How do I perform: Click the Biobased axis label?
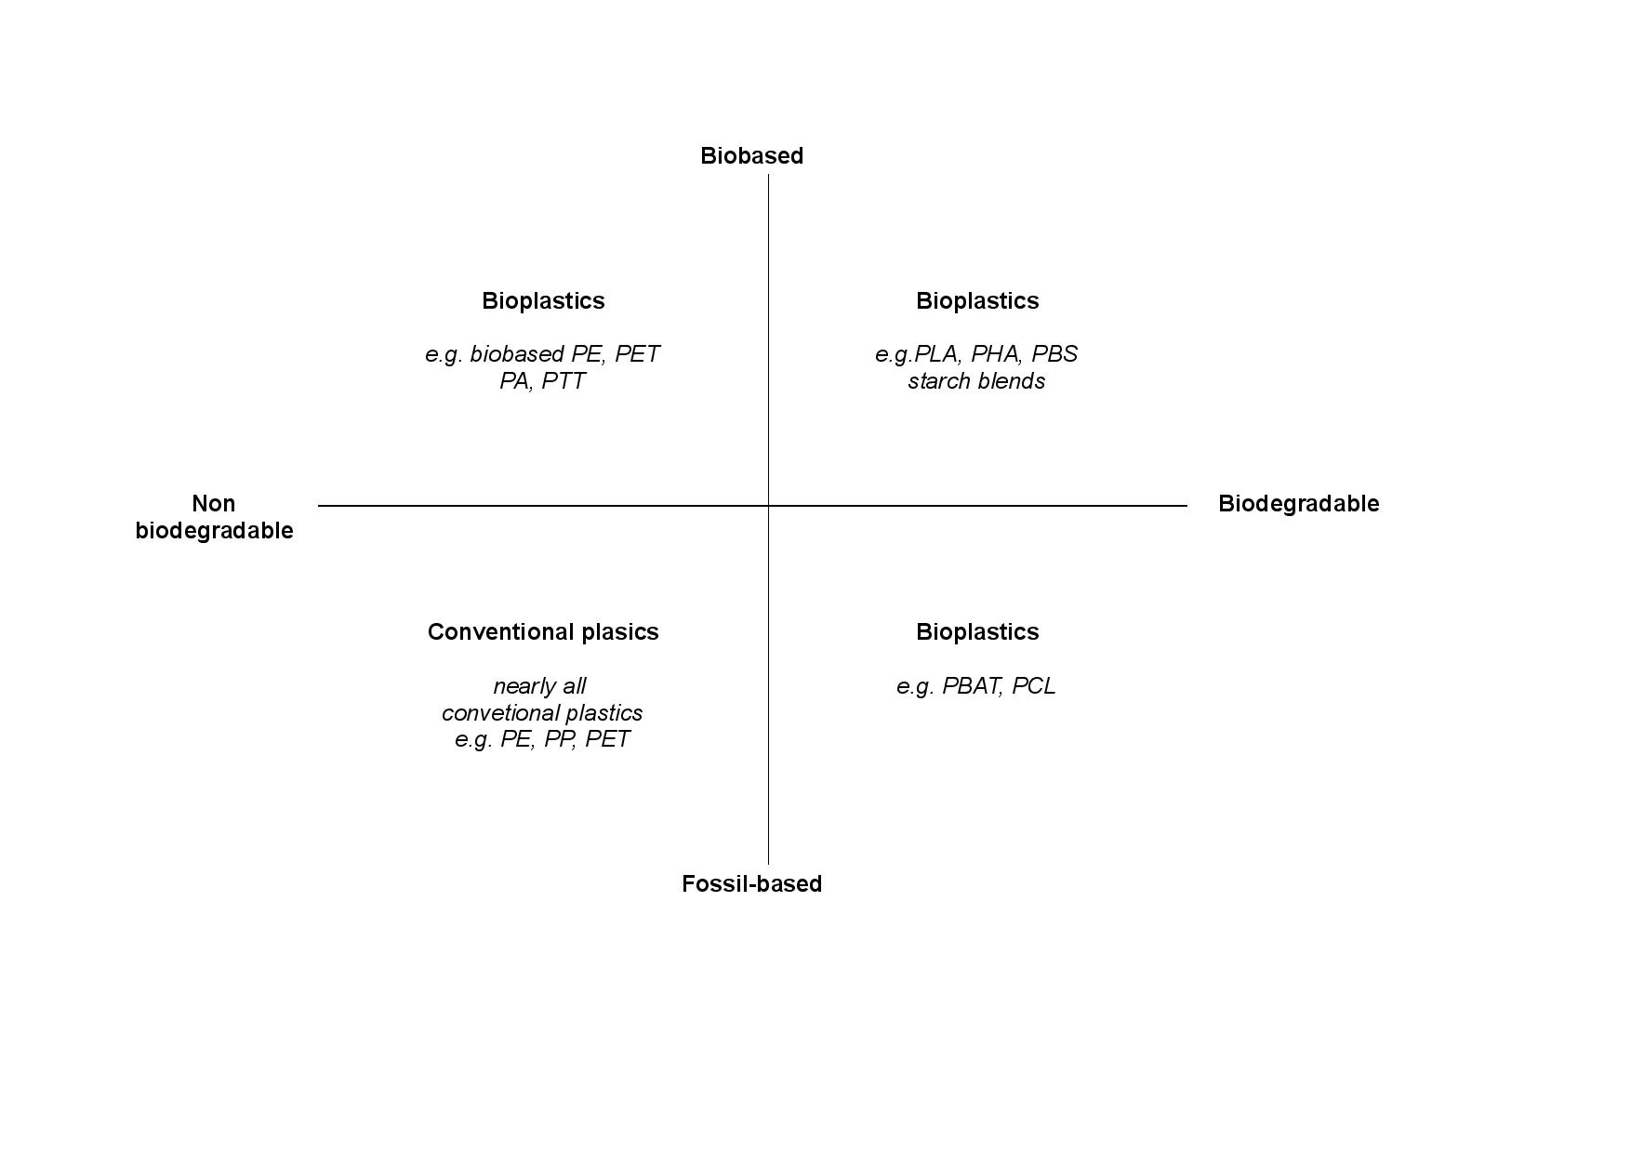click(751, 155)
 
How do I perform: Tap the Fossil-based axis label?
click(751, 883)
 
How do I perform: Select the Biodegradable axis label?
click(1298, 503)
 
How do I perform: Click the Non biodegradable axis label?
click(214, 517)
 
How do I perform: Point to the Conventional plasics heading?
click(543, 632)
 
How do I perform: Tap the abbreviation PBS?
click(1054, 354)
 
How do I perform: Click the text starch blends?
click(976, 381)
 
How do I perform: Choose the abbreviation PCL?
click(1034, 686)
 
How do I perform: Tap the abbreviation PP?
click(560, 739)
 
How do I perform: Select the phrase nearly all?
click(539, 686)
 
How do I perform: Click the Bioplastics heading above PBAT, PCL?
click(977, 632)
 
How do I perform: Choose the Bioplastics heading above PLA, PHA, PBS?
click(977, 301)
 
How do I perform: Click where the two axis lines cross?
click(768, 506)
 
